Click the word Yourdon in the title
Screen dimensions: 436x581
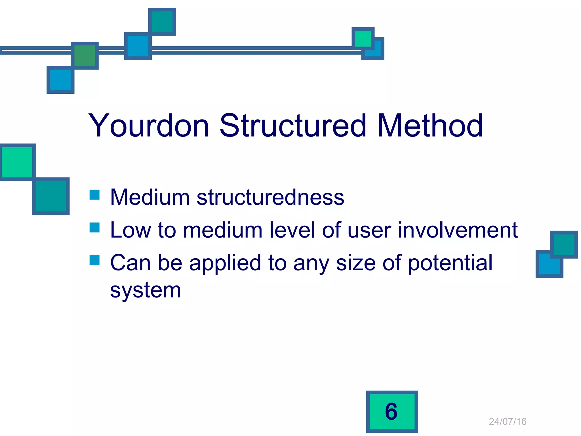[x=149, y=125]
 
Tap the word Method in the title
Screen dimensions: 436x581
[x=430, y=125]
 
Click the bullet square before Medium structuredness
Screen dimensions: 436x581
[x=94, y=195]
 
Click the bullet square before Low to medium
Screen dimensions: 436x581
[x=94, y=227]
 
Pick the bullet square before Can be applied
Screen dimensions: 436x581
[x=94, y=260]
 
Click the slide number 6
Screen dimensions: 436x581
[x=391, y=412]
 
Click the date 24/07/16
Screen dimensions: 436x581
[x=508, y=422]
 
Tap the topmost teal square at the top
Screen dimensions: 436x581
[x=162, y=22]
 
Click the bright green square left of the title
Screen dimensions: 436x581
[x=17, y=162]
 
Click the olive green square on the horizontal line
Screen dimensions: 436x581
[x=85, y=56]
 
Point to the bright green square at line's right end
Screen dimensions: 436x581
[x=363, y=38]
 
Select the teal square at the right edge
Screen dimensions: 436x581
[x=564, y=244]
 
